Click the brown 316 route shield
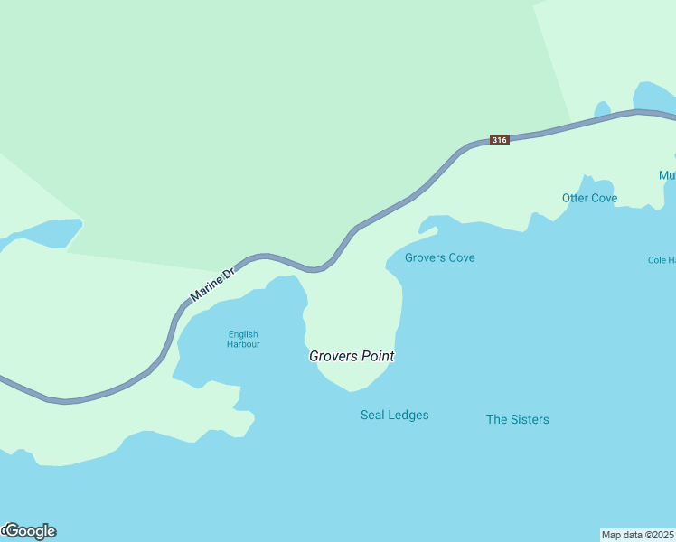pos(500,139)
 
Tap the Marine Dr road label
pos(212,284)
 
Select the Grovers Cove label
pos(439,257)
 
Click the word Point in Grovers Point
pos(378,356)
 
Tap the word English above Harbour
pos(243,334)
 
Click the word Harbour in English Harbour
pos(243,344)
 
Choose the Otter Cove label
pos(589,198)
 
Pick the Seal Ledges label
pos(394,415)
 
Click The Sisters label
pos(517,419)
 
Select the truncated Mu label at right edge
pos(667,175)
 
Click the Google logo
pos(30,531)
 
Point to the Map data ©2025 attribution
pos(637,534)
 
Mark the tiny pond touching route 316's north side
pos(603,110)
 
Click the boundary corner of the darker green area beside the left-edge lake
pos(82,220)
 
